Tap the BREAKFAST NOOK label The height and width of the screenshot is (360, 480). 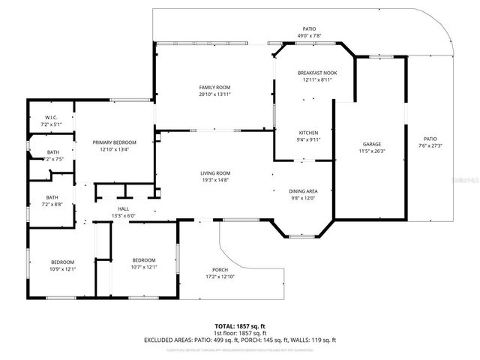coord(317,72)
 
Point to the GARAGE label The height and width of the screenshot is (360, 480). coord(372,144)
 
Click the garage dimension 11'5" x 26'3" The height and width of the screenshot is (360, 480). coord(372,151)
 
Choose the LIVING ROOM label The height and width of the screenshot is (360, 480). coord(214,173)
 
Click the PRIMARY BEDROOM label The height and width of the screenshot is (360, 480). coord(114,142)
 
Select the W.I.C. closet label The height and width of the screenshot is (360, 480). coord(52,117)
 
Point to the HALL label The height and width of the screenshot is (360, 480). coord(124,209)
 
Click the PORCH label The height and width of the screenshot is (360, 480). coord(220,271)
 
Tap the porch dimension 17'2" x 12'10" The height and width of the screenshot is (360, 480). coord(220,277)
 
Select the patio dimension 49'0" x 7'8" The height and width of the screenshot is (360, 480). coord(304,34)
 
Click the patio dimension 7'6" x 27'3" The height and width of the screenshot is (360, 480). coord(430,145)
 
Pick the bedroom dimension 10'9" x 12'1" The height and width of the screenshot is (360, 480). coord(63,268)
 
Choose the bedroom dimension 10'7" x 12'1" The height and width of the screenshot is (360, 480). coord(144,266)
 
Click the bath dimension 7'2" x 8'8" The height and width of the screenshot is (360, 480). coord(52,204)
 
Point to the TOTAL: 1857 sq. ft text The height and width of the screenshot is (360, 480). coord(240,326)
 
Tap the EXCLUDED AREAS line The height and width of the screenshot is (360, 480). coord(240,340)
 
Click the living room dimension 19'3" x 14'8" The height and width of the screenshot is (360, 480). coord(214,180)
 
